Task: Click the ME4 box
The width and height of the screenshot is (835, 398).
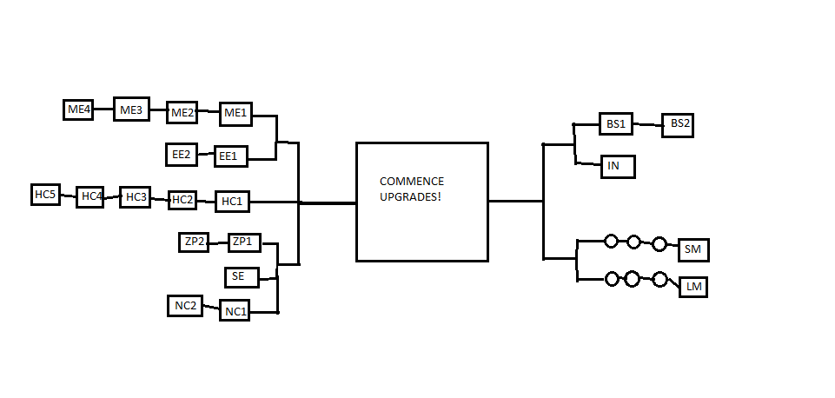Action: tap(78, 109)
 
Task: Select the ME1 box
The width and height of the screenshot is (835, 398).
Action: tap(235, 113)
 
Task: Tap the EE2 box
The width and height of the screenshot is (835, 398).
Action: tap(182, 155)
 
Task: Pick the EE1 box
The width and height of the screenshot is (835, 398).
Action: tap(231, 156)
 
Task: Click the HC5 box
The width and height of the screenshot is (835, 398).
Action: tap(44, 195)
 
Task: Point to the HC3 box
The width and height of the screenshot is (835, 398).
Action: tap(136, 197)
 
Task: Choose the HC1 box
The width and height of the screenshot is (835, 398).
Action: tap(232, 202)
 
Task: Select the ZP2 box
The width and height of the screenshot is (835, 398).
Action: tap(194, 242)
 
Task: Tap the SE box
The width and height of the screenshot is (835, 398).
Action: tap(239, 277)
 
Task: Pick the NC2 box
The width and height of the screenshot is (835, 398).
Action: tap(185, 306)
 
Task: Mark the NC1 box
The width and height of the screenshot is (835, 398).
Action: tap(235, 311)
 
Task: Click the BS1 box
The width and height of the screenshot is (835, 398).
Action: tap(615, 123)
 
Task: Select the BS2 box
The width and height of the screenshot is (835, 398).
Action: tap(679, 124)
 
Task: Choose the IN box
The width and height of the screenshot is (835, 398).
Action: tap(618, 166)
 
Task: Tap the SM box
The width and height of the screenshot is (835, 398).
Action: tap(693, 250)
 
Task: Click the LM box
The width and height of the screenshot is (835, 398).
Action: tap(693, 287)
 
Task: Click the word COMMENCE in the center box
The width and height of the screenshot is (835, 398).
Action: tap(412, 182)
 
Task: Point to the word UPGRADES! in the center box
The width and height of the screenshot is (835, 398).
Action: tap(411, 197)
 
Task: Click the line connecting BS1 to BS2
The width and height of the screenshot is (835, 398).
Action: tap(647, 124)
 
